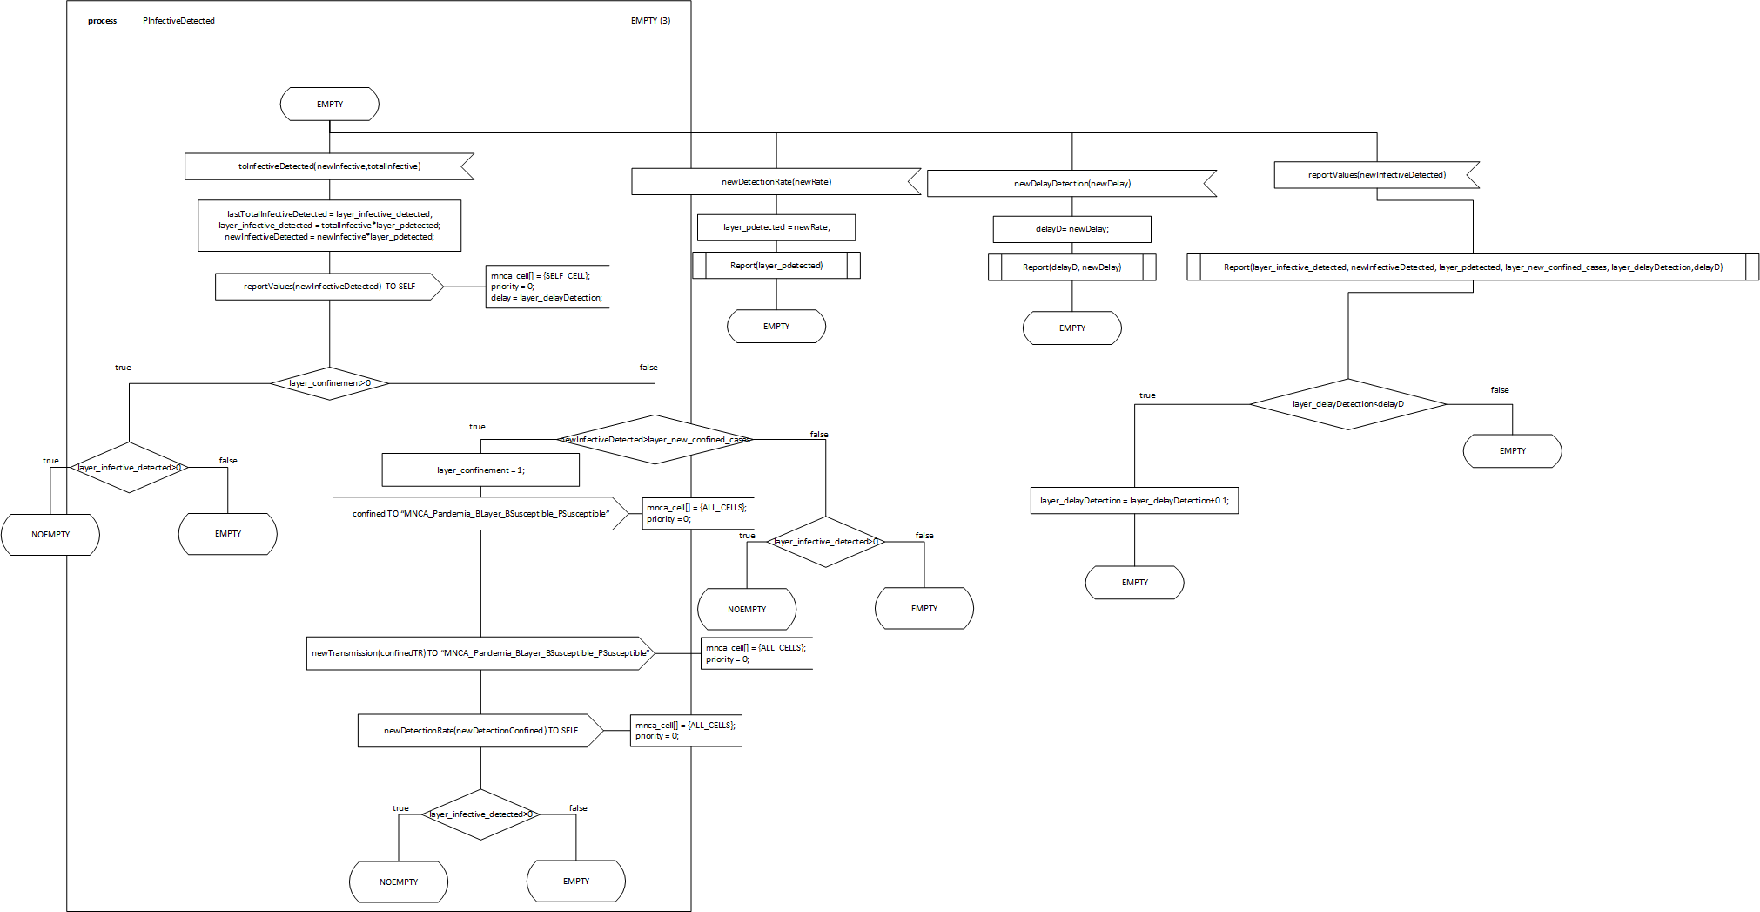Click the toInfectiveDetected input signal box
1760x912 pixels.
coord(329,166)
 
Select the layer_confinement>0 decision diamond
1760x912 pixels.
coord(329,383)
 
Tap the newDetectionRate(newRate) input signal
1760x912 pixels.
coord(776,182)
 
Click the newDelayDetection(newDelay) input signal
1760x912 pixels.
coord(1071,184)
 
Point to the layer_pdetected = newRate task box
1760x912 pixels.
coord(776,227)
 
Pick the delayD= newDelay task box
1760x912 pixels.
coord(1071,229)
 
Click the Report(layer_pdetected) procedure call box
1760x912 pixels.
coord(776,266)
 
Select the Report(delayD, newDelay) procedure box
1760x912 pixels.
coord(1071,267)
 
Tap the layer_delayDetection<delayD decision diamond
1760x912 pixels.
coord(1347,404)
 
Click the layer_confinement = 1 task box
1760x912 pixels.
coord(480,470)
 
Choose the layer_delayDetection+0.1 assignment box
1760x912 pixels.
coord(1134,501)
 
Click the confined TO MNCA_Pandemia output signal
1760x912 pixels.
coord(480,514)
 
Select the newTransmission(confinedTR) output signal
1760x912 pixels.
coord(480,653)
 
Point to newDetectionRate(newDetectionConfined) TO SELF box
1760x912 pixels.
coord(480,731)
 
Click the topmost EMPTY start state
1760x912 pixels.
coord(329,105)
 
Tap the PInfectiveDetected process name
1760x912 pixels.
coord(178,21)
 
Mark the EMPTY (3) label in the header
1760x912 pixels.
coord(650,21)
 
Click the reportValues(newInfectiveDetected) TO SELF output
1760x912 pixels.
coord(329,287)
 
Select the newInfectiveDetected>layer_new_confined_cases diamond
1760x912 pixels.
coord(655,440)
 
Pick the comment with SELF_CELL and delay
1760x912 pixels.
coord(547,287)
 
